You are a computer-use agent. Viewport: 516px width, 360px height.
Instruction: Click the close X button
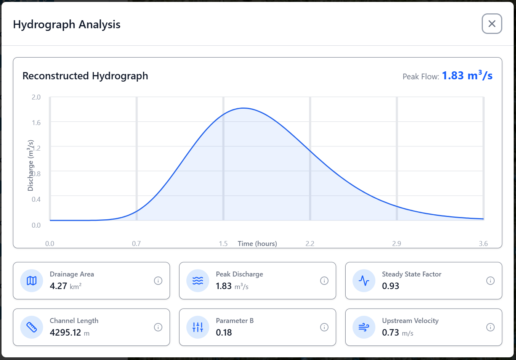(492, 24)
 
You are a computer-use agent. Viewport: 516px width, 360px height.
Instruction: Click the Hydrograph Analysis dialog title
(67, 24)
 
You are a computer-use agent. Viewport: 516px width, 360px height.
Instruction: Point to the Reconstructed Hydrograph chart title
(85, 76)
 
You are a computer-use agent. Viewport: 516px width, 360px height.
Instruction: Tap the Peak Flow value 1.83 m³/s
(467, 76)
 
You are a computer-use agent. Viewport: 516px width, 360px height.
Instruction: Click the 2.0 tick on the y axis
(36, 97)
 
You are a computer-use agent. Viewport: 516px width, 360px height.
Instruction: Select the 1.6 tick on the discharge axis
(36, 123)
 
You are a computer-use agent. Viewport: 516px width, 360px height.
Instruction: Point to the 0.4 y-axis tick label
(36, 199)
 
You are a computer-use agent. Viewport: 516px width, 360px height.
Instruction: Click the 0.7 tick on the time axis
(136, 244)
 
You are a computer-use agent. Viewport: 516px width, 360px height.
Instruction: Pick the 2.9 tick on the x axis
(396, 244)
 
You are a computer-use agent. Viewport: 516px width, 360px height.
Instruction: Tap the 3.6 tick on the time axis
(483, 244)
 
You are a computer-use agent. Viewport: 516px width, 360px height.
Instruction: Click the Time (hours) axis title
(257, 244)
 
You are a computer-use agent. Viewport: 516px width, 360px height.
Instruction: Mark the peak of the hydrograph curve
(243, 108)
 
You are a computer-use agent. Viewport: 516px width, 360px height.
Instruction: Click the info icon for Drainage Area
(158, 281)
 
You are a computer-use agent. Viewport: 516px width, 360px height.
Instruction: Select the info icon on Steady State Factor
(490, 281)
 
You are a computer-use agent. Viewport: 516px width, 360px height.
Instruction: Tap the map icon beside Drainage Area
(32, 281)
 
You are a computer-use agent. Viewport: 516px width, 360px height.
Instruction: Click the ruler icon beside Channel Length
(32, 327)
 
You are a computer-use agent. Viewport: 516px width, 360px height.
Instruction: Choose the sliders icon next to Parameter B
(198, 327)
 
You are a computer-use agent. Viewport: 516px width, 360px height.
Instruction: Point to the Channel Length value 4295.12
(66, 333)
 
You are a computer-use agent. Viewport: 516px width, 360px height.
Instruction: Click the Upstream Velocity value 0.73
(391, 333)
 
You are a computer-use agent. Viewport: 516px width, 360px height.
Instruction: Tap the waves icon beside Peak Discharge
(198, 281)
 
